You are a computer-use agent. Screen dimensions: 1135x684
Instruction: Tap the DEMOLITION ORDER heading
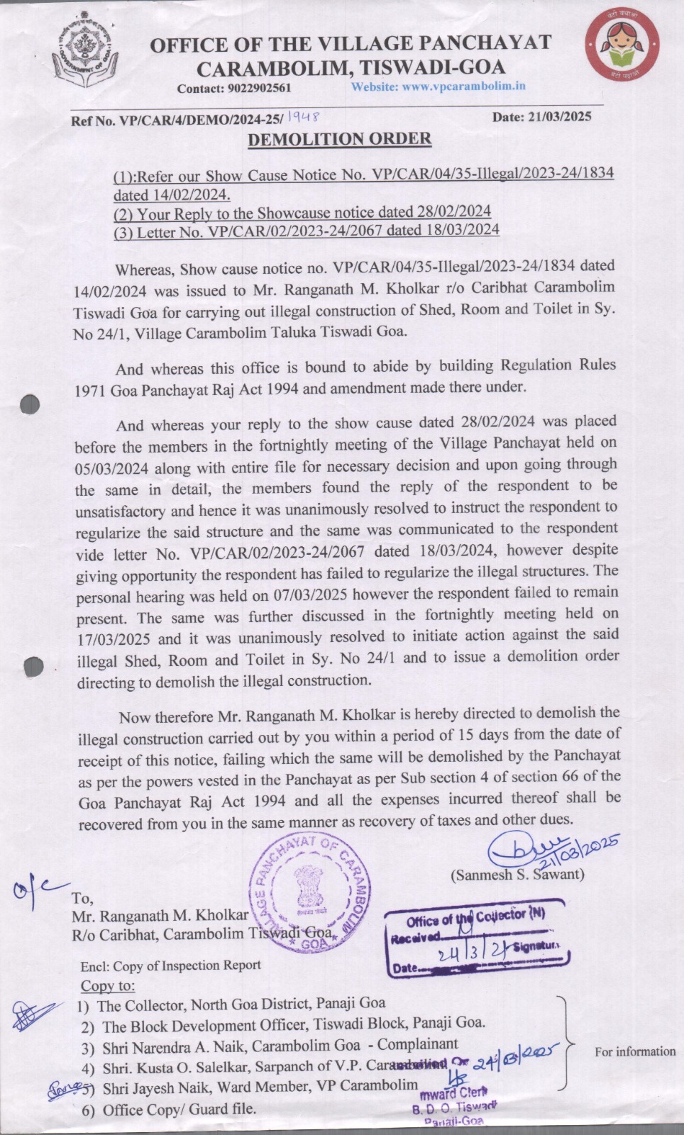click(x=339, y=139)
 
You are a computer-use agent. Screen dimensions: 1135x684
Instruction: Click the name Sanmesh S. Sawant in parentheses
click(x=517, y=875)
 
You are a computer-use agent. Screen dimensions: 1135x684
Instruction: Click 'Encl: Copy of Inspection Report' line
click(x=170, y=965)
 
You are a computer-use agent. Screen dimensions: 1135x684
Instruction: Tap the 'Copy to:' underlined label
click(x=107, y=986)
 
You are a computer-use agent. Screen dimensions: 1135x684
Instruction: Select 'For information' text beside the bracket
click(x=635, y=1051)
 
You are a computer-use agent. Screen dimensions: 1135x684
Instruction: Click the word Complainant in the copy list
click(x=417, y=1044)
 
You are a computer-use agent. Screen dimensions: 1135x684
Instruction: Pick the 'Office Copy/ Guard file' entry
click(x=179, y=1109)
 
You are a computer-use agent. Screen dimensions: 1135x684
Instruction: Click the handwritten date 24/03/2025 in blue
click(x=517, y=1059)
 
